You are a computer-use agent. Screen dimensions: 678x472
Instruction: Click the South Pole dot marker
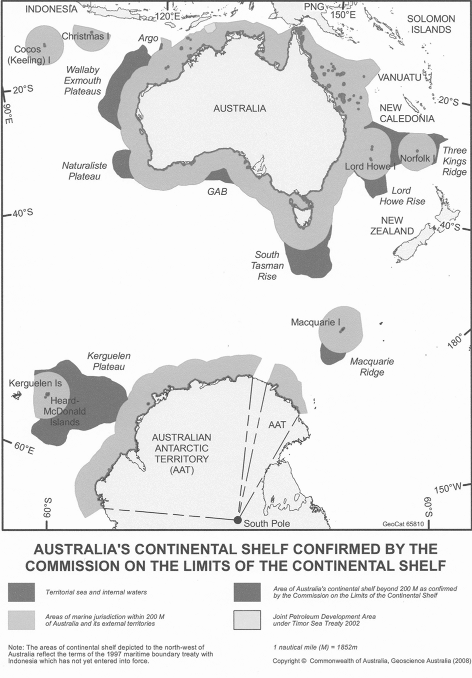pyautogui.click(x=237, y=520)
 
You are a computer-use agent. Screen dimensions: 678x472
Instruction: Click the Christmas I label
pyautogui.click(x=85, y=36)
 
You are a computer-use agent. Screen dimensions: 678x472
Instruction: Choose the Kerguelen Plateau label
pyautogui.click(x=108, y=361)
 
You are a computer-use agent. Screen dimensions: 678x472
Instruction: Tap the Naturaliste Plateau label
pyautogui.click(x=81, y=171)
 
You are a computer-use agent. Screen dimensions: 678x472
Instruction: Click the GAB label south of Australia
pyautogui.click(x=217, y=191)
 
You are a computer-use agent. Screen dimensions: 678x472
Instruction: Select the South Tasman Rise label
pyautogui.click(x=267, y=266)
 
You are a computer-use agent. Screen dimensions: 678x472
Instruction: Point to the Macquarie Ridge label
pyautogui.click(x=372, y=366)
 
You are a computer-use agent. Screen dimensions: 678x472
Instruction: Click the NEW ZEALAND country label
pyautogui.click(x=392, y=226)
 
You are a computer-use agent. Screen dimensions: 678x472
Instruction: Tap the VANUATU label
pyautogui.click(x=399, y=77)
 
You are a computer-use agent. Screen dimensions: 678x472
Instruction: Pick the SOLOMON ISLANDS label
pyautogui.click(x=431, y=24)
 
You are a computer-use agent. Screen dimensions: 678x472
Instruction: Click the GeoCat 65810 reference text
pyautogui.click(x=403, y=525)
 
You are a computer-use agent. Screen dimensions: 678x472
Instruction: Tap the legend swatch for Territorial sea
pyautogui.click(x=21, y=592)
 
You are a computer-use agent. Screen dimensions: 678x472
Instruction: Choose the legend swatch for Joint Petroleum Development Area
pyautogui.click(x=247, y=620)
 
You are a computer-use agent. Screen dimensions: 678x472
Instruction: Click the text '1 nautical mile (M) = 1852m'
pyautogui.click(x=315, y=647)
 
